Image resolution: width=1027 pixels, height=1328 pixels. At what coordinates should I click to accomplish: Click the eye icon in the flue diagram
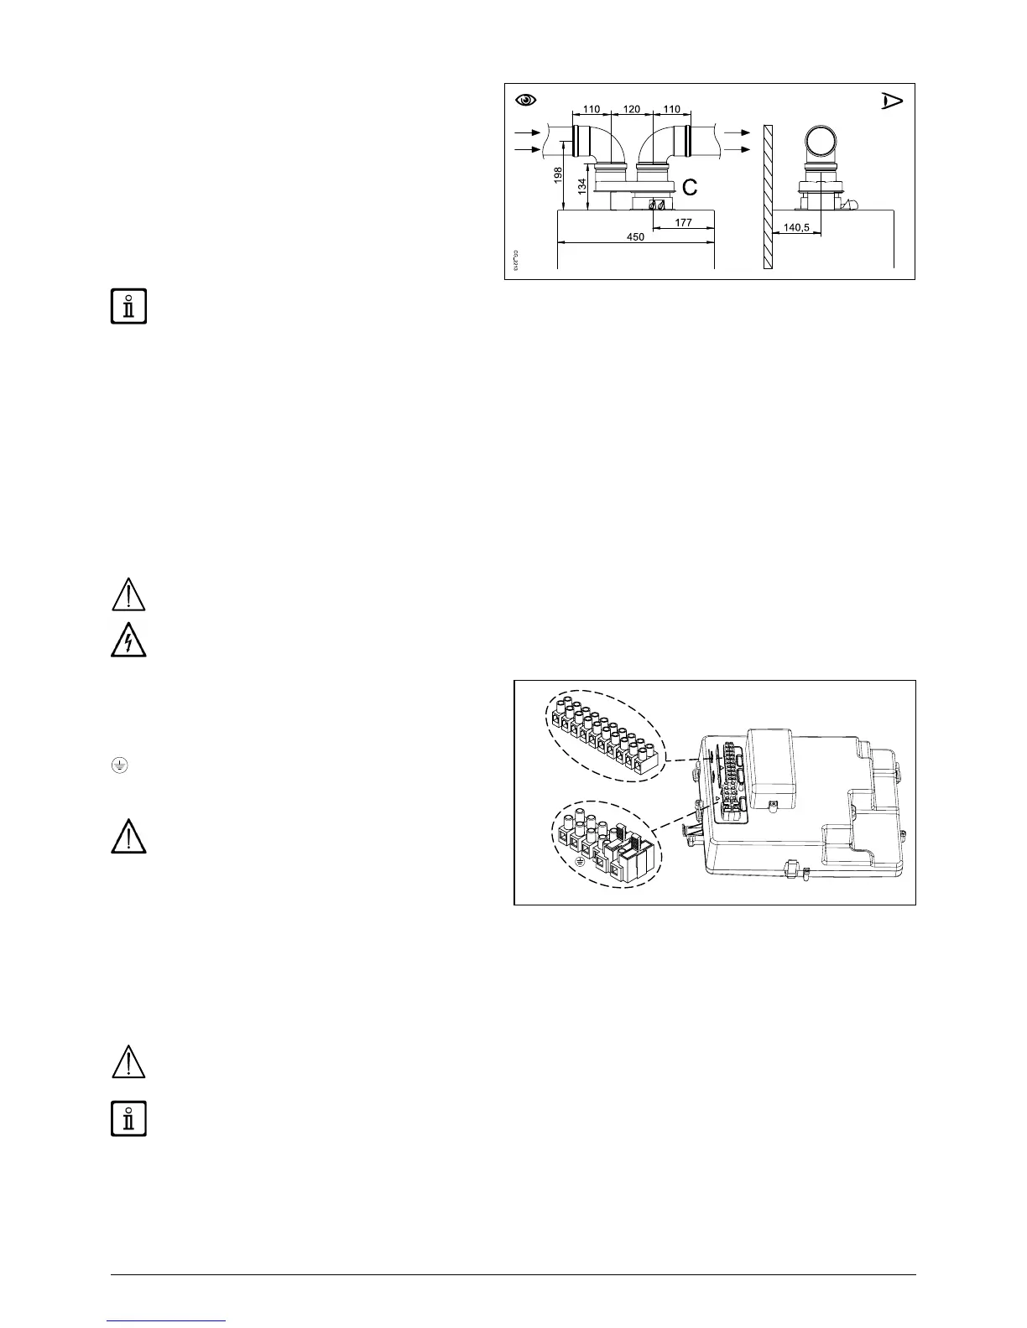coord(526,100)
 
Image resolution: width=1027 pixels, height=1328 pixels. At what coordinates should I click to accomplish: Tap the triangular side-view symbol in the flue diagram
coord(891,101)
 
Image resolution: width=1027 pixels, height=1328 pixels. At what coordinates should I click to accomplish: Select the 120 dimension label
coord(632,109)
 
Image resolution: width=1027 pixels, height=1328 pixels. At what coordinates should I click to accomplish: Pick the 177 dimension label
coord(683,222)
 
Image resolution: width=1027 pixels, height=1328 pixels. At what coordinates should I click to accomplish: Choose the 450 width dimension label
coord(635,237)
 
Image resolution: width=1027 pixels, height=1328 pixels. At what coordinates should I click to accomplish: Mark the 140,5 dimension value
coord(796,227)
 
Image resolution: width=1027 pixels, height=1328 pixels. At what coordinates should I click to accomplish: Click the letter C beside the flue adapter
coord(689,188)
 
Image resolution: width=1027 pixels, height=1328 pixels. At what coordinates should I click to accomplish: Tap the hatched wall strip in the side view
coord(768,196)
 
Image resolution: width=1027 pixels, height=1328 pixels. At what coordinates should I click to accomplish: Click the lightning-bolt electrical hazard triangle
coord(128,641)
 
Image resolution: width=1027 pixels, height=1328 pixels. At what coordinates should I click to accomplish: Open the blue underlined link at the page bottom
coord(167,1321)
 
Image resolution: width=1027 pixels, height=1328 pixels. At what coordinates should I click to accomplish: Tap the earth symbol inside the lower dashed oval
coord(579,861)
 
